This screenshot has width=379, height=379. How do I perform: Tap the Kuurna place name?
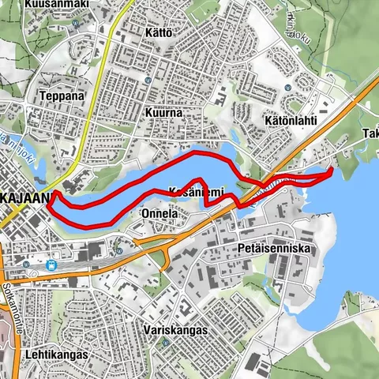[x=163, y=113]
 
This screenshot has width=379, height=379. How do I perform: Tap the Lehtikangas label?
[x=55, y=355]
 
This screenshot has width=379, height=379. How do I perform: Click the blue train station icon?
[x=52, y=266]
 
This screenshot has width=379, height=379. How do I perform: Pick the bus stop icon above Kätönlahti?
[x=288, y=88]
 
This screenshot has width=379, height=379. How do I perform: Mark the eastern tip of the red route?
[x=331, y=170]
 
